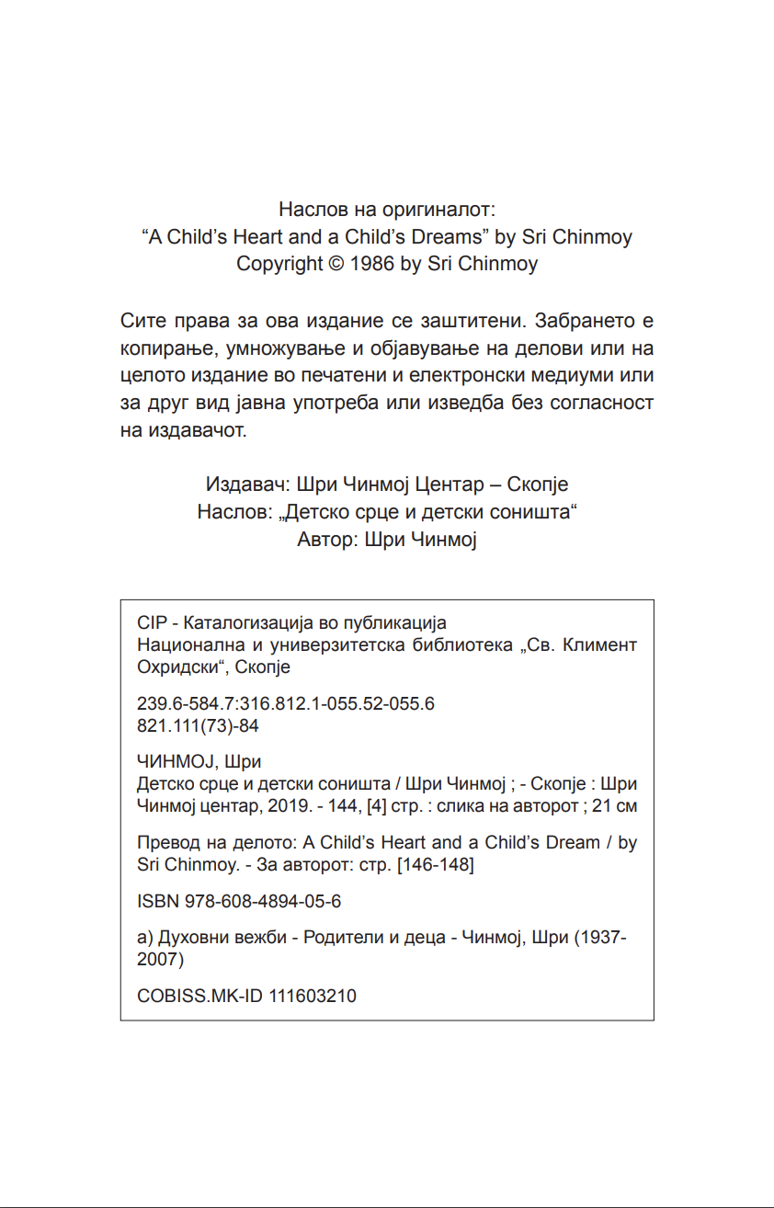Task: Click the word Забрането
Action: tap(575, 323)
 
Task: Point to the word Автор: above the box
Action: tap(327, 540)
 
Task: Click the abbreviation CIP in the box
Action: tap(151, 623)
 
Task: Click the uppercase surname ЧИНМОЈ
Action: tap(172, 763)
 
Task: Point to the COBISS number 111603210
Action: tap(313, 997)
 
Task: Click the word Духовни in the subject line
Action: tap(189, 939)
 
